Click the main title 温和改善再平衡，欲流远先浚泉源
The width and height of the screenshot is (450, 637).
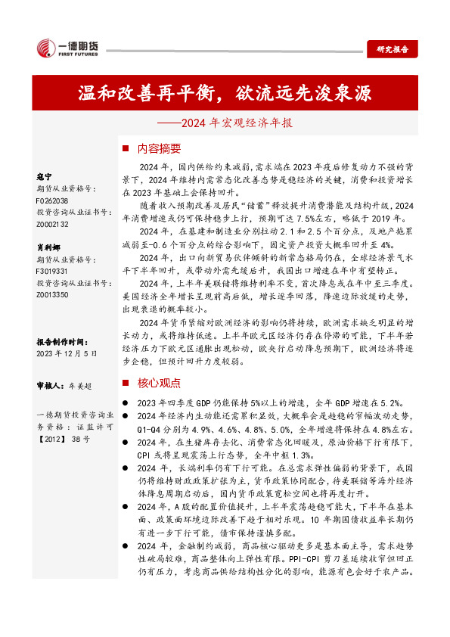pyautogui.click(x=225, y=94)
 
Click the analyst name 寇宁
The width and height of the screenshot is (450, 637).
pyautogui.click(x=45, y=176)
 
